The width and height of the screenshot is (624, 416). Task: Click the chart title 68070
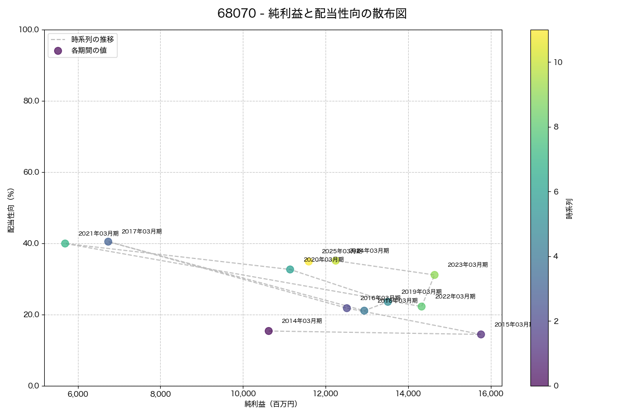311,14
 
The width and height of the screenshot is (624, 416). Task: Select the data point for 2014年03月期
269,331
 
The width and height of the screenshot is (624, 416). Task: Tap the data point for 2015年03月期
481,334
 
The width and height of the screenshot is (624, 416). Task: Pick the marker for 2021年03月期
65,243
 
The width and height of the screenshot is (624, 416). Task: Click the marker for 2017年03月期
108,242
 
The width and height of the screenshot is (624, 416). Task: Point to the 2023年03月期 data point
434,275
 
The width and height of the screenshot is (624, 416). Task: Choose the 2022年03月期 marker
422,307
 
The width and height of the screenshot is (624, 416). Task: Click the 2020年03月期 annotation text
323,259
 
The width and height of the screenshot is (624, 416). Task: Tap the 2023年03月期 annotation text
467,265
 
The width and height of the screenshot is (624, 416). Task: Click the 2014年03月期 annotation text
302,321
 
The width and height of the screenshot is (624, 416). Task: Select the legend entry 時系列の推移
93,39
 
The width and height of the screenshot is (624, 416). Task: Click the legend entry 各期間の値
90,50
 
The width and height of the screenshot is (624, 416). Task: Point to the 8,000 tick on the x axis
160,394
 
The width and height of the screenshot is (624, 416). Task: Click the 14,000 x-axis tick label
408,394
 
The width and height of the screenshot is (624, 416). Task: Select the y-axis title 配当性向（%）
11,210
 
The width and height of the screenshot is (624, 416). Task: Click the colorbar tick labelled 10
558,62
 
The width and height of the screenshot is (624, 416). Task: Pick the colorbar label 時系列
569,208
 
